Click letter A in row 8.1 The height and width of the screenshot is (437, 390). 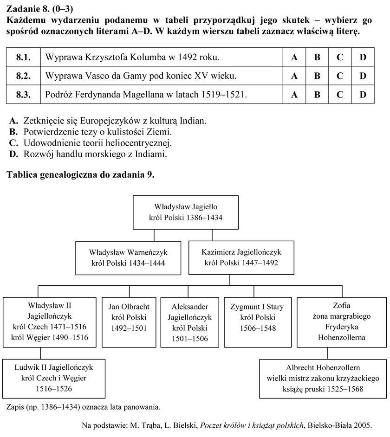pos(294,57)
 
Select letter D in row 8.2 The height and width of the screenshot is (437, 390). pos(363,76)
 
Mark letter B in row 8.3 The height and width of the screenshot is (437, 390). pos(317,95)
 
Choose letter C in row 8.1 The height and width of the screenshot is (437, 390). pos(340,57)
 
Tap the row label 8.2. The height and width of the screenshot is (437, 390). pos(23,76)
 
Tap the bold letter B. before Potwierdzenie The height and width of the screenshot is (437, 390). pos(13,132)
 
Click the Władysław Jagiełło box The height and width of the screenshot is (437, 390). pos(186,212)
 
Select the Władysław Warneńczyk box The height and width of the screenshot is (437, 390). pos(128,258)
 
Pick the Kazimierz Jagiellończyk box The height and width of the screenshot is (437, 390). pos(241,257)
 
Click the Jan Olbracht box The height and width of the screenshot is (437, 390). pos(129,322)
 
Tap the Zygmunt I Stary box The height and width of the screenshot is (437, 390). pos(258,322)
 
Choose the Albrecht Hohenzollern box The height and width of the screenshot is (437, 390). pos(323,379)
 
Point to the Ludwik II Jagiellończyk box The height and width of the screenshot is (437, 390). pos(54,379)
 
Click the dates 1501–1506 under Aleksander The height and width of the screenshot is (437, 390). pos(190,339)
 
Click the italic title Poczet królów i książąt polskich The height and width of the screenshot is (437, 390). pos(252,425)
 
